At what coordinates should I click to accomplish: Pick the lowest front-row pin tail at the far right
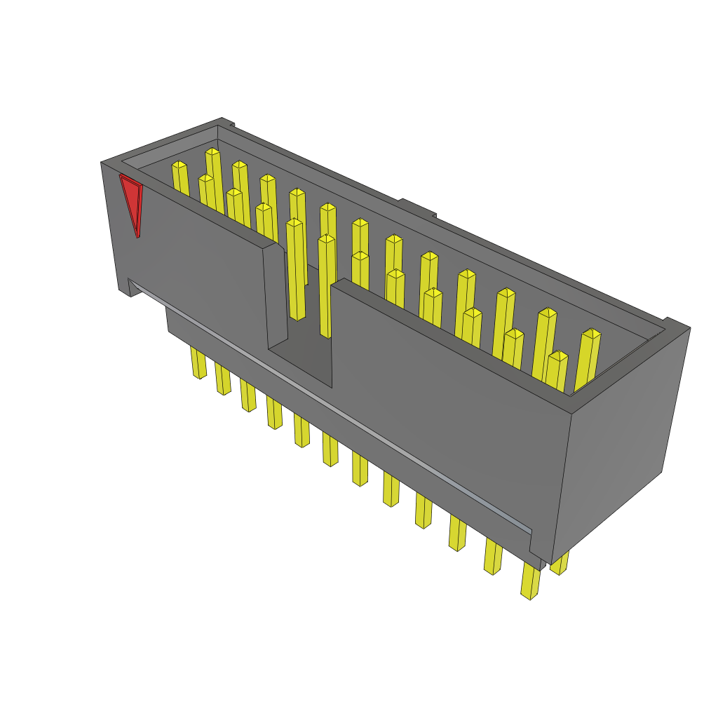(x=531, y=582)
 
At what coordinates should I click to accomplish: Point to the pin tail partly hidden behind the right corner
(x=560, y=564)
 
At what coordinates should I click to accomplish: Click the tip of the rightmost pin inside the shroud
(x=592, y=333)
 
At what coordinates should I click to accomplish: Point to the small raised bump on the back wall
(x=417, y=207)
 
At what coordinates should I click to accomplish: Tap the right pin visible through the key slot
(x=326, y=287)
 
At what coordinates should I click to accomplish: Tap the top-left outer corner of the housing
(x=102, y=163)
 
